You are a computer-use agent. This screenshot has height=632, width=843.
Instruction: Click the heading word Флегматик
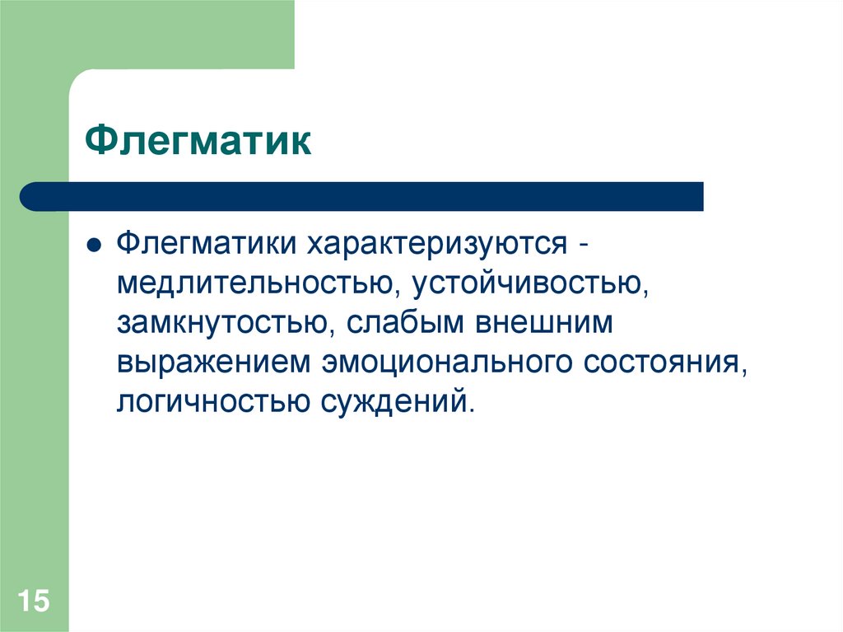pos(198,141)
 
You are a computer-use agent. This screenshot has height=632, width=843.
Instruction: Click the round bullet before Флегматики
pos(95,246)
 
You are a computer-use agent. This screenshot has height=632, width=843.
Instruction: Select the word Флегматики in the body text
pos(206,245)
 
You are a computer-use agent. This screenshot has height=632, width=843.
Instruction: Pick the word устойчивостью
pos(527,284)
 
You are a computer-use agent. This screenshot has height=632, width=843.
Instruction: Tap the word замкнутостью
pos(218,324)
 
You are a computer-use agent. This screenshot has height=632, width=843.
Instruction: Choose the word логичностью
pos(208,403)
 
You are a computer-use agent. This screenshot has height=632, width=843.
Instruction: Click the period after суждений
pos(472,411)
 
